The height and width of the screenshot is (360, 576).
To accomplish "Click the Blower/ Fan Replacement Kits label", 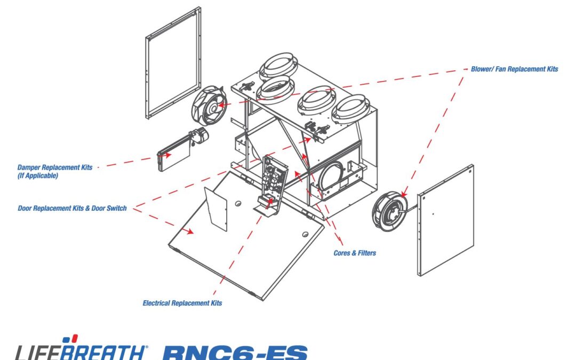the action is click(514, 69).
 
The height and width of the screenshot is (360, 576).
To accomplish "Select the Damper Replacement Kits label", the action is click(55, 167).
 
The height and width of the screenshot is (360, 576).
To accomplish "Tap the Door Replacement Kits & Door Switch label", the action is click(73, 209).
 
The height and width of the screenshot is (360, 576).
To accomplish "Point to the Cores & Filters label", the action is click(355, 253).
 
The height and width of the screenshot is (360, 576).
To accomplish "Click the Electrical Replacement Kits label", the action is click(182, 303).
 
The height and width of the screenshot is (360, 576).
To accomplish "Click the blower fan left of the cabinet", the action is click(209, 106).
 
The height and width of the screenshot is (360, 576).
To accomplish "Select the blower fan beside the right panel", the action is click(390, 211).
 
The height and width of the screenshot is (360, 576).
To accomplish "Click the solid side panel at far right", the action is click(445, 220).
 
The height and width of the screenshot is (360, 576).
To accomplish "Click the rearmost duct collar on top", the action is click(278, 66).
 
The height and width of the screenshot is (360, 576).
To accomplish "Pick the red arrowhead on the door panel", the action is click(189, 231).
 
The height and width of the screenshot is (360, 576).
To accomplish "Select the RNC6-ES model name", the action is click(235, 352).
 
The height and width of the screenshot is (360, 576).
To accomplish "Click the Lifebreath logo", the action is click(82, 348).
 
